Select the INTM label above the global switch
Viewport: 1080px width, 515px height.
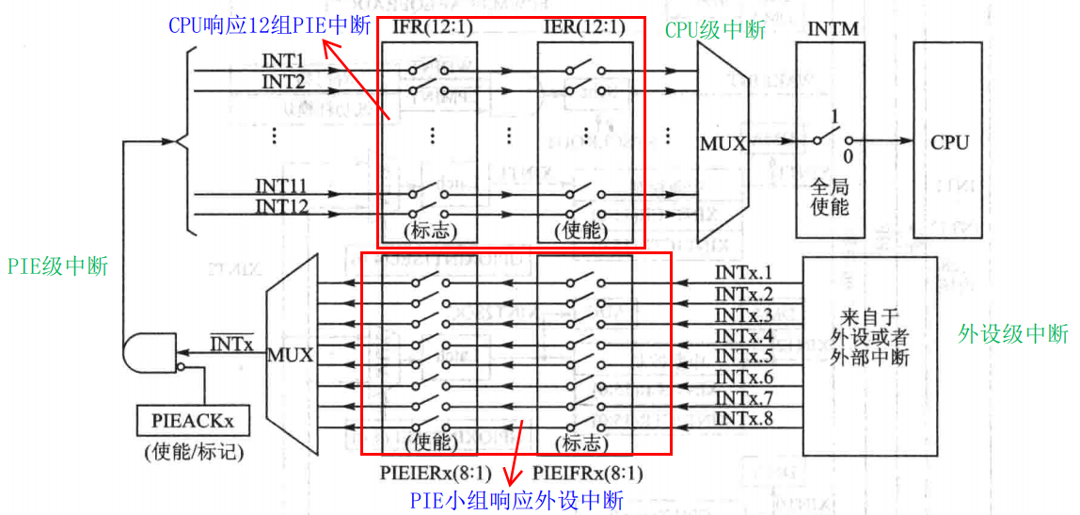[x=833, y=29]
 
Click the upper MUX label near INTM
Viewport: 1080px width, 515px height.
[x=723, y=144]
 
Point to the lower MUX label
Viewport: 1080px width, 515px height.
[x=291, y=356]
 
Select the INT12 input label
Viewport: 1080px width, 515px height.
[x=282, y=206]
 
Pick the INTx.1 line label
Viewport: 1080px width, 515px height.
[x=743, y=274]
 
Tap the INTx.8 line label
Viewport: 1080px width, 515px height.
[x=743, y=418]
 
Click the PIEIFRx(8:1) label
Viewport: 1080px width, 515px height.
[x=588, y=474]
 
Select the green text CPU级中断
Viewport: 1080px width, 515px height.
[x=715, y=30]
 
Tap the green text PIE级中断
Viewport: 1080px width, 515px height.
[x=57, y=266]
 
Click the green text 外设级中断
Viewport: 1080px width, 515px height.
[x=1013, y=334]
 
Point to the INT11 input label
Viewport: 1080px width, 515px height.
[x=282, y=186]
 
